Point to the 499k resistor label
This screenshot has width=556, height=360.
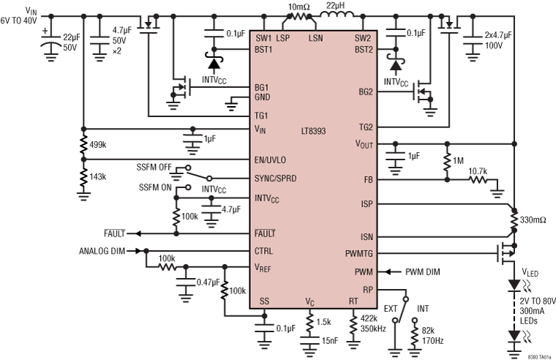pos(99,145)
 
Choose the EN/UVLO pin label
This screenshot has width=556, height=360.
pos(271,159)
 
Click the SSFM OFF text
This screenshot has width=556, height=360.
pos(154,168)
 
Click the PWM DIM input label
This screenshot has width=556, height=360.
pos(424,271)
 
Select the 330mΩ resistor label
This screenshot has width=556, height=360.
pos(533,220)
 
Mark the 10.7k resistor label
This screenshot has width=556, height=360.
pos(478,171)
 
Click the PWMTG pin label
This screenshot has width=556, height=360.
pos(358,254)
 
